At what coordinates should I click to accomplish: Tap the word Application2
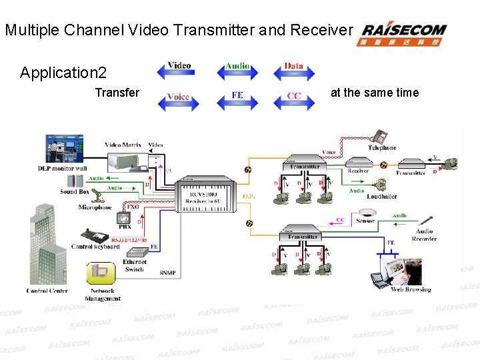(63, 73)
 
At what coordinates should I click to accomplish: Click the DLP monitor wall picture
(64, 149)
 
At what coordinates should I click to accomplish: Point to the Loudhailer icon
(383, 185)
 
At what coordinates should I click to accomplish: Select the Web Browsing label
(410, 289)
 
